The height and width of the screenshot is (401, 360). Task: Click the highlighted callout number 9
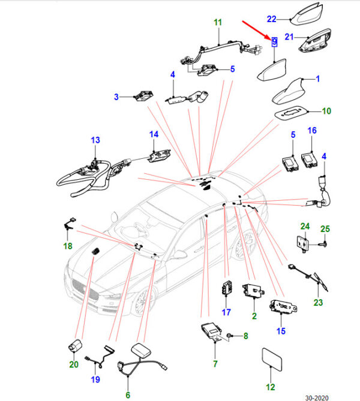[274, 42]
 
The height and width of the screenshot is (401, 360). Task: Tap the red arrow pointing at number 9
[256, 31]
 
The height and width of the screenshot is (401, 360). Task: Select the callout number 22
[272, 19]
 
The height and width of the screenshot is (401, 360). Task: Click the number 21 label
[289, 37]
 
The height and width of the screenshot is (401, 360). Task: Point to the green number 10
[326, 111]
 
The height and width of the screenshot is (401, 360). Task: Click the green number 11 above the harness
[218, 22]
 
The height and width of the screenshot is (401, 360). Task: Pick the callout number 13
[95, 140]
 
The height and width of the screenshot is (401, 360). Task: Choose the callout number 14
[154, 134]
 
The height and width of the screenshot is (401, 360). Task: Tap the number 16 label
[312, 131]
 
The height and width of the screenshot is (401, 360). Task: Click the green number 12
[271, 387]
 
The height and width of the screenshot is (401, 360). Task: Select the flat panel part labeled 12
[272, 359]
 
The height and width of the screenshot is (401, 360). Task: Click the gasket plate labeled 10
[290, 113]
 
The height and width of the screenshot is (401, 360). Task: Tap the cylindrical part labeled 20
[75, 346]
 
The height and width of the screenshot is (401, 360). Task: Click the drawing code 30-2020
[317, 397]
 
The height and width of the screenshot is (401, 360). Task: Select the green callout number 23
[318, 303]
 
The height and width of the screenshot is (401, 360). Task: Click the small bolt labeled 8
[229, 335]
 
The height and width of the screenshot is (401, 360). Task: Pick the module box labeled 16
[310, 160]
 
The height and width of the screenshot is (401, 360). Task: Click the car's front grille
[85, 290]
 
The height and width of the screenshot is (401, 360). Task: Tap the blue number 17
[226, 312]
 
